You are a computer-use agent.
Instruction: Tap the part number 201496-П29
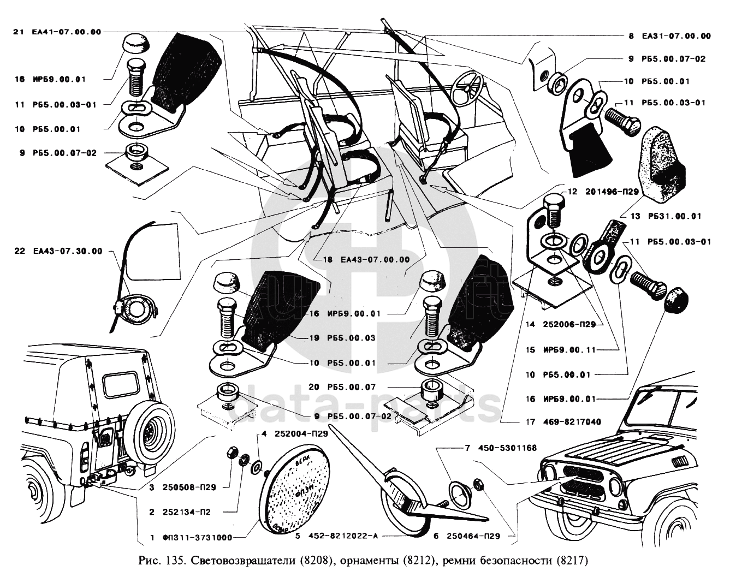[608, 192]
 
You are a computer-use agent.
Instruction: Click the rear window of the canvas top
[120, 384]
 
